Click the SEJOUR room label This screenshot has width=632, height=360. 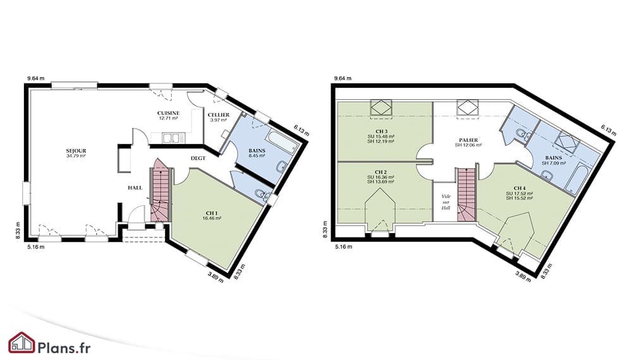pyautogui.click(x=76, y=151)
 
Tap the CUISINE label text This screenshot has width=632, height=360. pyautogui.click(x=169, y=113)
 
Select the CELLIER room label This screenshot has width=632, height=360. pyautogui.click(x=219, y=115)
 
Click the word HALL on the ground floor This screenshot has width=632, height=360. pyautogui.click(x=135, y=188)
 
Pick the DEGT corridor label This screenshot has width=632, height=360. pyautogui.click(x=198, y=159)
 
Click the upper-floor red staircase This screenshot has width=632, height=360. pyautogui.click(x=466, y=195)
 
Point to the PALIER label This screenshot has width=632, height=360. pyautogui.click(x=468, y=140)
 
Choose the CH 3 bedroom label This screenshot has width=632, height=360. pyautogui.click(x=381, y=131)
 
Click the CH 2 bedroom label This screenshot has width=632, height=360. pyautogui.click(x=381, y=172)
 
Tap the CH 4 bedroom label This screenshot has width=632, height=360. pyautogui.click(x=520, y=188)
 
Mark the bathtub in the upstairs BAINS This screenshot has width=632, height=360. pyautogui.click(x=574, y=182)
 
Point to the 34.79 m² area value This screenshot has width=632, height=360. pyautogui.click(x=76, y=155)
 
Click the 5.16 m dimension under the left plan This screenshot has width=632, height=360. pyautogui.click(x=36, y=247)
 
